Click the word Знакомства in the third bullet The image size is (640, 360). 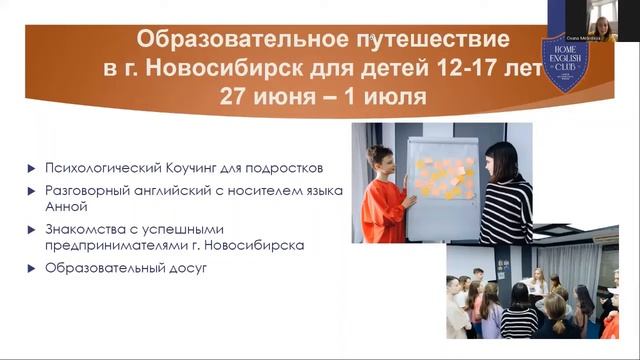83,229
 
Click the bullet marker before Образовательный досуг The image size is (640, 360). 35,270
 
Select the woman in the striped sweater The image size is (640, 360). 504,195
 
